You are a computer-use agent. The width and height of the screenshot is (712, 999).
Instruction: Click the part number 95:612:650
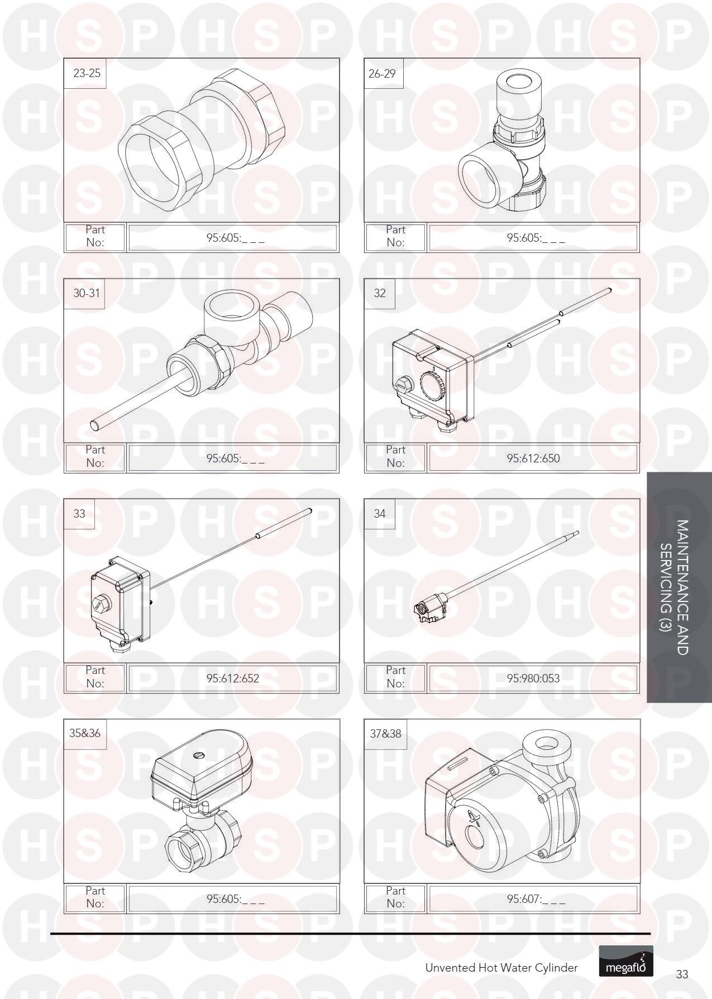click(x=533, y=458)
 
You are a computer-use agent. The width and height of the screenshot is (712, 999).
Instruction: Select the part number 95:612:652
click(x=233, y=678)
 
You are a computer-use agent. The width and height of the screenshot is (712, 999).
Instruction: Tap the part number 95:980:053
click(x=533, y=678)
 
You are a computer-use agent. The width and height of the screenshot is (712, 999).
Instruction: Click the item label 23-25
click(x=87, y=73)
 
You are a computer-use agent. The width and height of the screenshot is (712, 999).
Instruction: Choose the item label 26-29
click(x=382, y=73)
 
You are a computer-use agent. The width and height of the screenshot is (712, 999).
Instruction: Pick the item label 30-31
click(x=87, y=293)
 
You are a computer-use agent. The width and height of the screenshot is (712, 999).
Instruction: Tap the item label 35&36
click(x=85, y=733)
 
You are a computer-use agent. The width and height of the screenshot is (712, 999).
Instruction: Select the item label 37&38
click(x=385, y=733)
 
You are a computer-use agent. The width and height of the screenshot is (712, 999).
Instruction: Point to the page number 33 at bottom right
click(x=682, y=974)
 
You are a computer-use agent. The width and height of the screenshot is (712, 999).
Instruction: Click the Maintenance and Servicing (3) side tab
click(x=679, y=587)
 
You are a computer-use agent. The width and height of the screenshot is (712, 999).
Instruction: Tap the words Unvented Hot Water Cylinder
click(x=501, y=968)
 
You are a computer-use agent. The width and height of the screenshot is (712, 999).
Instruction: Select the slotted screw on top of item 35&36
click(x=199, y=756)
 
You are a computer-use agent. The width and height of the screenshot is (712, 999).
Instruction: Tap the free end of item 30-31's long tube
click(x=95, y=426)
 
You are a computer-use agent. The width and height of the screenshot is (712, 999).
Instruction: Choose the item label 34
click(x=380, y=513)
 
